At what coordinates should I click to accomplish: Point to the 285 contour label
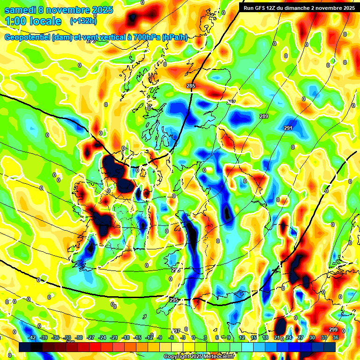coord(191,86)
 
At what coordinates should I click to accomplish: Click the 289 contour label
coord(264,116)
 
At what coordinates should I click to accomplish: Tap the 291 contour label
coord(288,128)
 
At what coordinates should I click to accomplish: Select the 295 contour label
coord(174,300)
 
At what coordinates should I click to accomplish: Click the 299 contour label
coord(333,330)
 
